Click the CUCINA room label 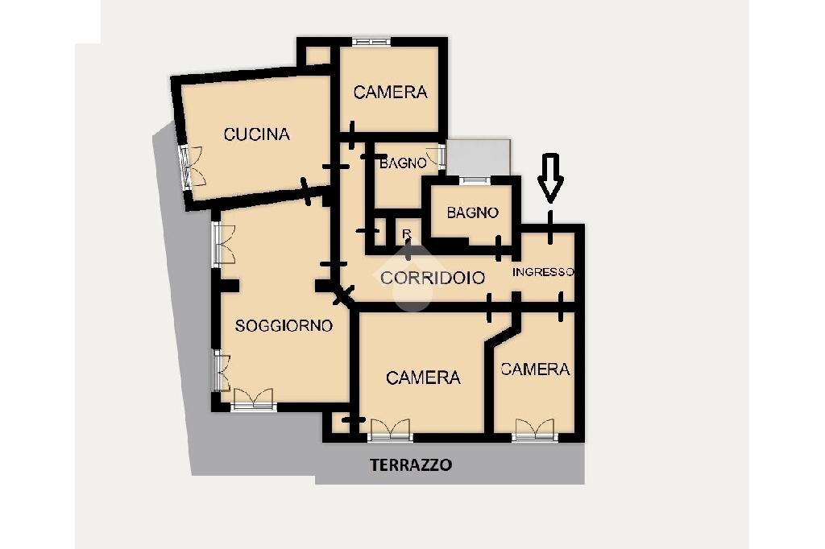click(x=257, y=134)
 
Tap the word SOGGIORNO click(x=284, y=326)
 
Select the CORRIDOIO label click(x=433, y=278)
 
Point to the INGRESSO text click(x=543, y=272)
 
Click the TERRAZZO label click(x=411, y=464)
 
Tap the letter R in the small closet click(x=406, y=233)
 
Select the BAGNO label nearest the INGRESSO click(x=472, y=213)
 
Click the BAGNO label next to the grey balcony click(x=403, y=163)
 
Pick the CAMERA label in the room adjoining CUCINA click(x=391, y=93)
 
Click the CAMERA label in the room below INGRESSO click(x=536, y=369)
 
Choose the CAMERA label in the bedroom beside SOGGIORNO click(x=423, y=378)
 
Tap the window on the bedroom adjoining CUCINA click(x=371, y=42)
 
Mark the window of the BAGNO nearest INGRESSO click(x=475, y=180)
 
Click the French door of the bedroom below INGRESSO click(x=535, y=430)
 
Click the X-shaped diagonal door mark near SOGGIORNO click(x=343, y=295)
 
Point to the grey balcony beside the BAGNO click(x=479, y=157)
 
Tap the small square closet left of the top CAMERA click(x=317, y=56)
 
